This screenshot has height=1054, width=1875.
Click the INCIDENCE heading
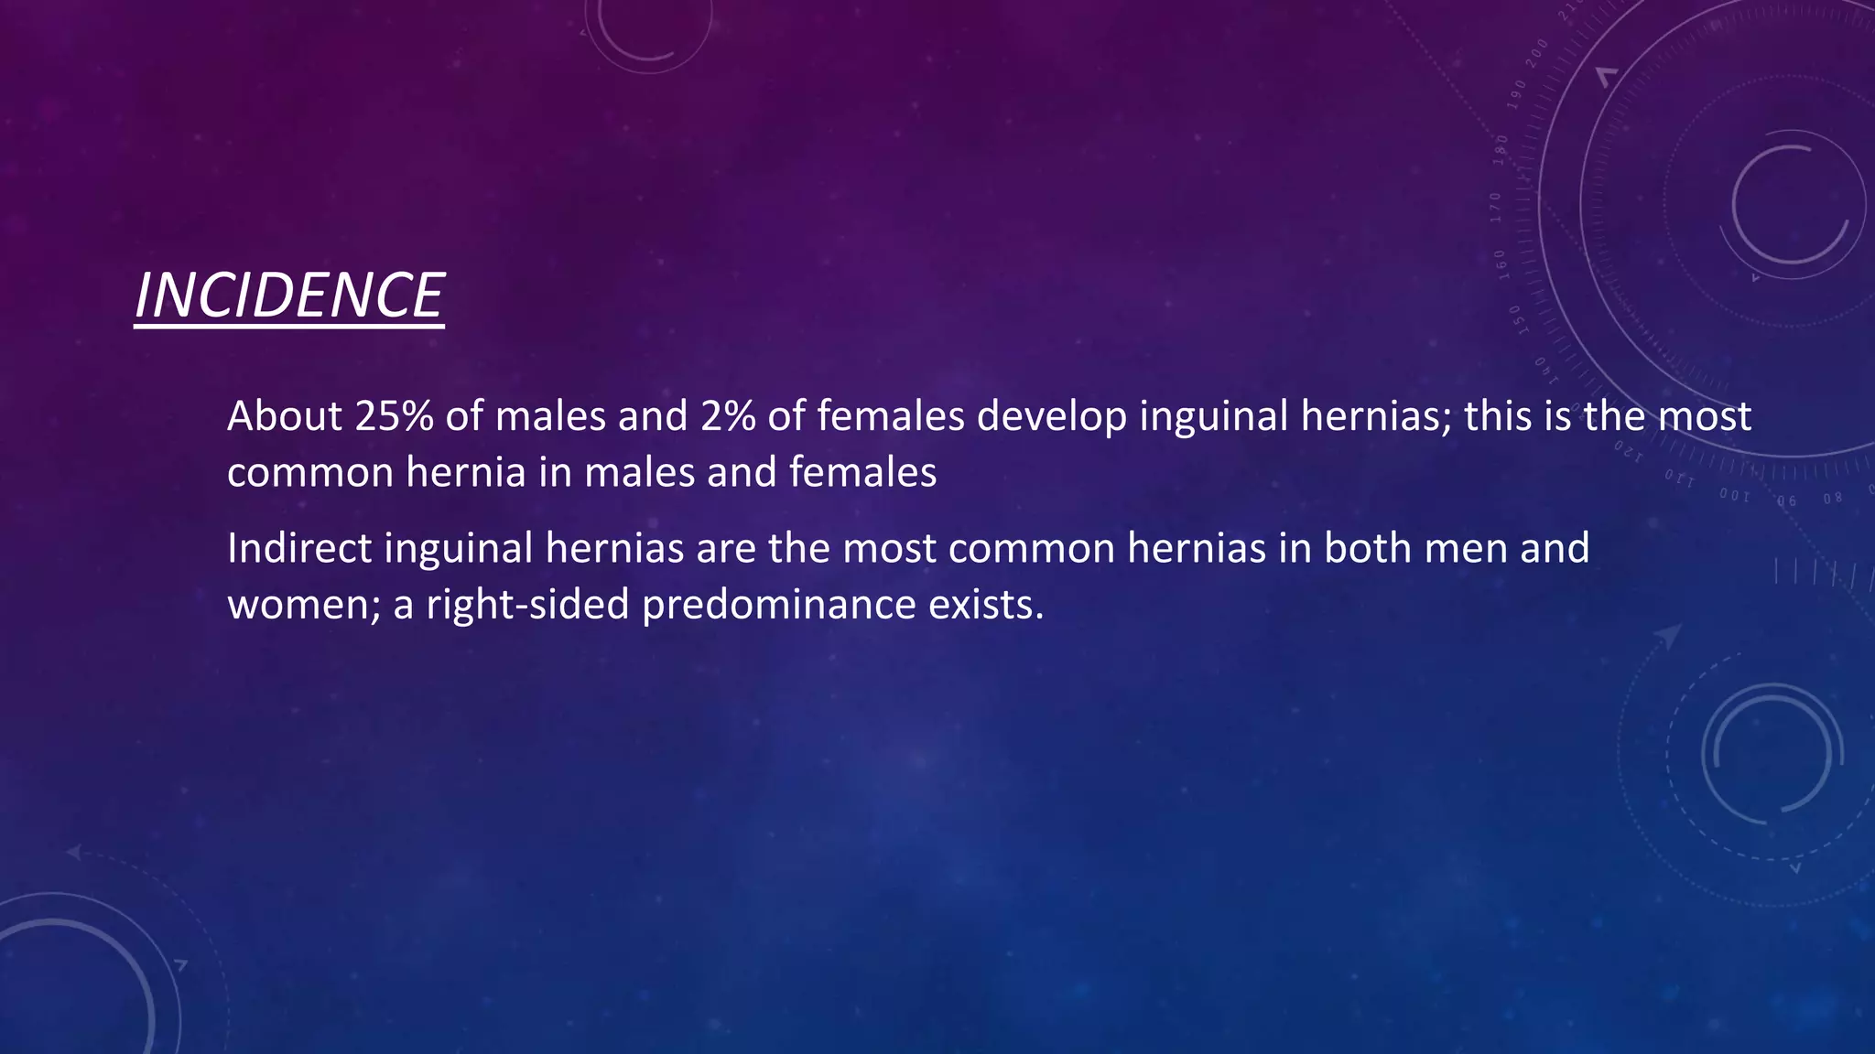tap(288, 296)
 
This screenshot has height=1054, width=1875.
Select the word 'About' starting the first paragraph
tap(285, 416)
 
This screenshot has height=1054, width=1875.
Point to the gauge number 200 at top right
tap(1537, 51)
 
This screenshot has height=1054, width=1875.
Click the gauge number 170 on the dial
tap(1496, 208)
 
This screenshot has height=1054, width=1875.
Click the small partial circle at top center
tap(647, 32)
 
